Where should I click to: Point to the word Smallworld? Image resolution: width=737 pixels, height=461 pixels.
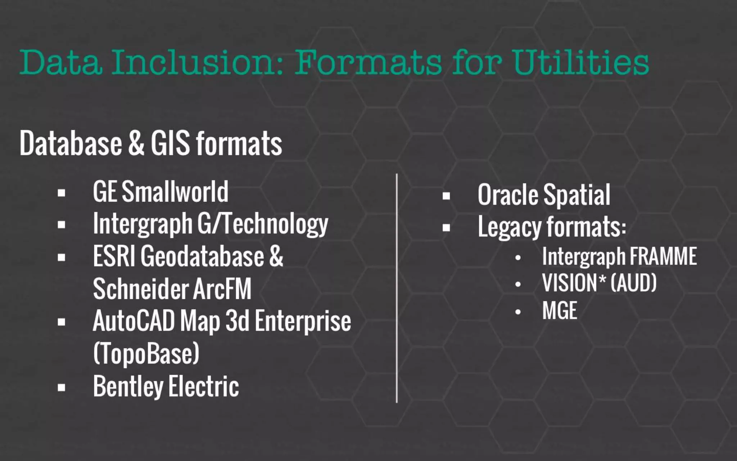pyautogui.click(x=175, y=192)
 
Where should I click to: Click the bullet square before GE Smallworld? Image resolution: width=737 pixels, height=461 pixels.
pyautogui.click(x=62, y=193)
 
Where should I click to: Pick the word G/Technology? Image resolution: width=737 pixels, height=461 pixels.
pyautogui.click(x=263, y=224)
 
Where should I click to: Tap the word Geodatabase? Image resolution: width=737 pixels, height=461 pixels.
pyautogui.click(x=202, y=256)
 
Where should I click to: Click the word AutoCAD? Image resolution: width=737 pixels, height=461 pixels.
pyautogui.click(x=134, y=321)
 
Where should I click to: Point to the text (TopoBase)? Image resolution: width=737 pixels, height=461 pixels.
pyautogui.click(x=146, y=353)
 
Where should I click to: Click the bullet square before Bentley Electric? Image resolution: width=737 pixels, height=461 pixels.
pyautogui.click(x=62, y=388)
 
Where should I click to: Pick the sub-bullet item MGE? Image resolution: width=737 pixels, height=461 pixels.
pyautogui.click(x=560, y=310)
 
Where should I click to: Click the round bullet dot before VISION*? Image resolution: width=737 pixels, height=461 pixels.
pyautogui.click(x=518, y=285)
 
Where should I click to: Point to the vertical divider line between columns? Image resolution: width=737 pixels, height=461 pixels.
pyautogui.click(x=397, y=288)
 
